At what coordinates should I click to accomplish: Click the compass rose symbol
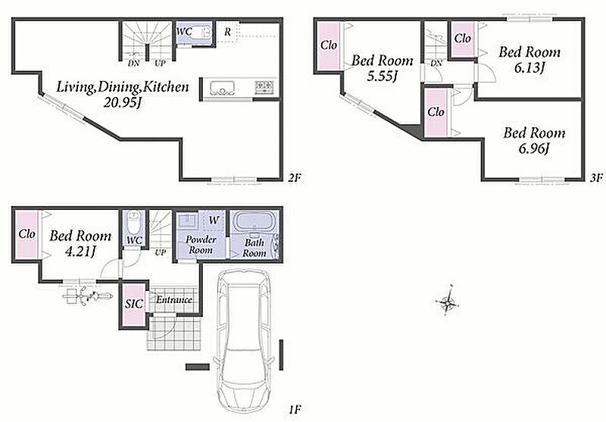(x=448, y=301)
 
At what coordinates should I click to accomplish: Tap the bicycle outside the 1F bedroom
(x=88, y=296)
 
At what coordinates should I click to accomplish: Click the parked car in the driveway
(x=244, y=342)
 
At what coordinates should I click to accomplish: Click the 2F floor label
(x=294, y=178)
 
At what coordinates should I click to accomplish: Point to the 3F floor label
(x=596, y=178)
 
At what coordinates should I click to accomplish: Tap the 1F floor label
(x=295, y=409)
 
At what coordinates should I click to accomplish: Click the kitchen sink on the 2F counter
(x=223, y=88)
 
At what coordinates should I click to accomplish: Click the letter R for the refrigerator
(x=228, y=32)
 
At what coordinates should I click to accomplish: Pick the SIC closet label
(x=134, y=304)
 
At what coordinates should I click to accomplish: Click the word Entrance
(x=174, y=299)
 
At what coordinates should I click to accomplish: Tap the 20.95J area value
(x=121, y=102)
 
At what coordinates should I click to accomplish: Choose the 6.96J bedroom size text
(x=534, y=148)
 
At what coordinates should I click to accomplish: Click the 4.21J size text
(x=80, y=252)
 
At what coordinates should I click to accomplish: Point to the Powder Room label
(x=201, y=245)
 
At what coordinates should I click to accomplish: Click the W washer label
(x=214, y=220)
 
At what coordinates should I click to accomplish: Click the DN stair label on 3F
(x=436, y=64)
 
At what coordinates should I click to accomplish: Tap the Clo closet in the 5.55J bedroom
(x=329, y=45)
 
